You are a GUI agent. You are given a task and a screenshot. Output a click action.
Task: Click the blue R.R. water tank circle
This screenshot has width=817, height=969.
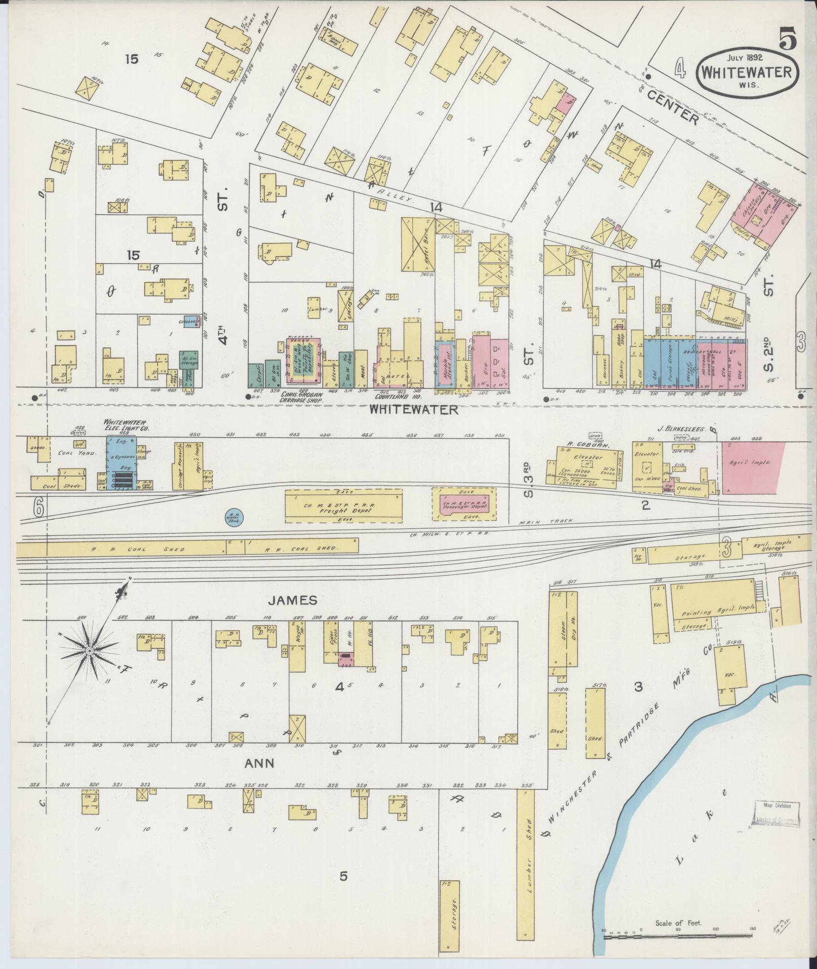pos(234,518)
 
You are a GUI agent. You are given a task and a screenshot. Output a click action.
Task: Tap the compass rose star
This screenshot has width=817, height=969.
pos(89,650)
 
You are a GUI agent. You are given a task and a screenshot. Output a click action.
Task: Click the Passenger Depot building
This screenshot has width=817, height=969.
pos(464,504)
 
